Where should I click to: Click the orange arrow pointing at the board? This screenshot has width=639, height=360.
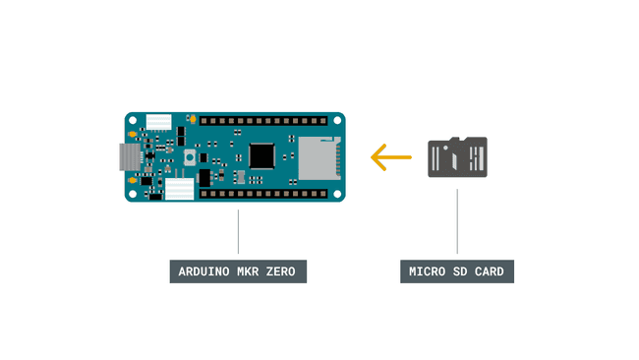[390, 156]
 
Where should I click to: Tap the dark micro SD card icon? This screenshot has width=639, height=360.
[457, 157]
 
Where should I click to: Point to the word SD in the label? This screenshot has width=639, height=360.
[460, 270]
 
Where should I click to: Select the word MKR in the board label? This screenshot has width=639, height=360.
[249, 270]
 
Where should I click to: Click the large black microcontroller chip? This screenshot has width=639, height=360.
[262, 155]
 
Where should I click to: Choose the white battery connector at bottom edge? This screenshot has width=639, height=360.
[178, 190]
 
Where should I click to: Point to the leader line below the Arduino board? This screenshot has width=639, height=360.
[238, 231]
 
